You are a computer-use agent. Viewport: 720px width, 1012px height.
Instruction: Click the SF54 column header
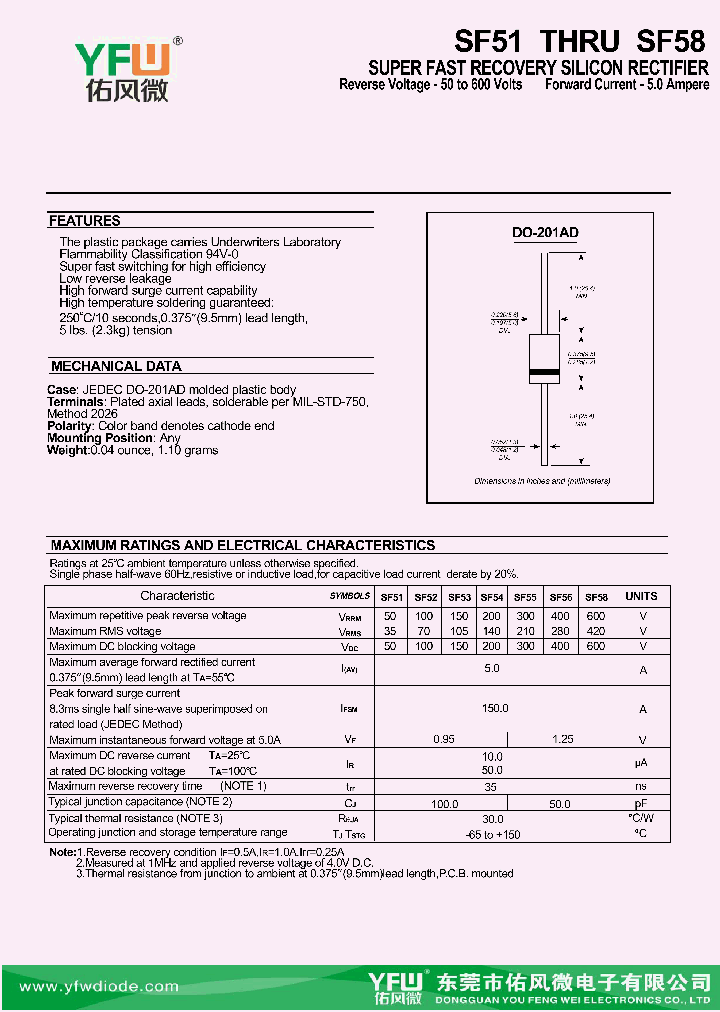pos(491,597)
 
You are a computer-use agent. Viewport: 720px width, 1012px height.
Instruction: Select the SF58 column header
pos(596,597)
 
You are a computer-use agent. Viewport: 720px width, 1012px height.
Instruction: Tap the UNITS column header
pos(642,596)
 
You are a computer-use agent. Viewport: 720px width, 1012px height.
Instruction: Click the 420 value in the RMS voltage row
pos(596,631)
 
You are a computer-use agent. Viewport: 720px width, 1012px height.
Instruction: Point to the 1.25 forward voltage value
pos(563,739)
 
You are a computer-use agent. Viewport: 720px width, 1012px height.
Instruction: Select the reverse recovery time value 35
pos(492,787)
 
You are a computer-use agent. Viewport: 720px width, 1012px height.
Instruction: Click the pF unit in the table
pos(642,802)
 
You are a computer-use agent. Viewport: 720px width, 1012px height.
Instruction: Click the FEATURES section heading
pos(85,221)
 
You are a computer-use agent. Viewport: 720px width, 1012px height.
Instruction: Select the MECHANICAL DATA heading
pos(116,366)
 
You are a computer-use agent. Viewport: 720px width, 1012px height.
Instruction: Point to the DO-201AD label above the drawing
pos(545,233)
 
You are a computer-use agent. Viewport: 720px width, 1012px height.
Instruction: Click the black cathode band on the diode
pos(544,373)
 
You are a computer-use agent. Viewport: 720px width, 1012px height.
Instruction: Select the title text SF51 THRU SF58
pos(580,41)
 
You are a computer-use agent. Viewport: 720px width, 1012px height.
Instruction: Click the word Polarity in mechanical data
pos(69,426)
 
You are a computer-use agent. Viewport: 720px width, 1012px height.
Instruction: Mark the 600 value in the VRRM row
pos(596,615)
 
